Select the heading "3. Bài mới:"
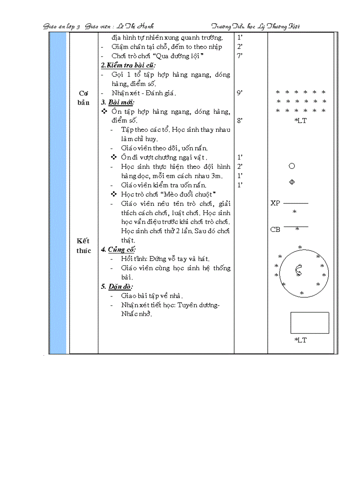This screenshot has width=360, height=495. pyautogui.click(x=115, y=102)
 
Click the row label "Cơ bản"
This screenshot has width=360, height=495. pyautogui.click(x=84, y=98)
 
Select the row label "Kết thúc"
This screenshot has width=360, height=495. pyautogui.click(x=83, y=246)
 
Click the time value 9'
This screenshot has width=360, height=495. pyautogui.click(x=240, y=93)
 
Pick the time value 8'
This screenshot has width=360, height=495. pyautogui.click(x=240, y=120)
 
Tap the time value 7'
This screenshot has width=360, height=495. pyautogui.click(x=240, y=56)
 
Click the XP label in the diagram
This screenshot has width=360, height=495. pyautogui.click(x=275, y=203)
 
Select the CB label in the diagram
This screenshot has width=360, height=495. pyautogui.click(x=275, y=230)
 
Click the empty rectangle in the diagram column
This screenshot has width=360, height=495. pyautogui.click(x=310, y=323)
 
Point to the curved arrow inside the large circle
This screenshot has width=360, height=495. pyautogui.click(x=299, y=270)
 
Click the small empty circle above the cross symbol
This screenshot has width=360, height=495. pyautogui.click(x=292, y=166)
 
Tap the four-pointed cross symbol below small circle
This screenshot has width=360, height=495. pyautogui.click(x=292, y=182)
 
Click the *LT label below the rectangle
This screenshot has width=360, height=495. pyautogui.click(x=300, y=340)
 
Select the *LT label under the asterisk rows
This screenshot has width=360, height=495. pyautogui.click(x=300, y=121)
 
